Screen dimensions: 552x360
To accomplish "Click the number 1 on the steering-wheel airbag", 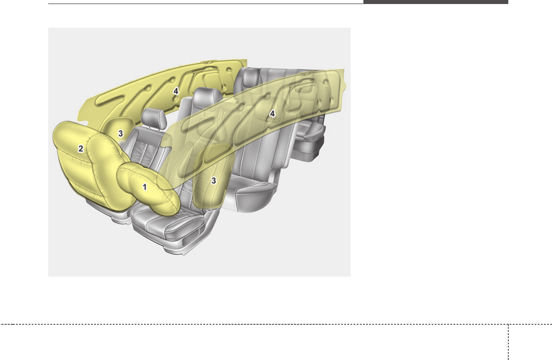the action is pos(145,187).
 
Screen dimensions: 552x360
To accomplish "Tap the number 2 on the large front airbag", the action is pos(81,149).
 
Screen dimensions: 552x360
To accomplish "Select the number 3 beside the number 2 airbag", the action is pos(120,133).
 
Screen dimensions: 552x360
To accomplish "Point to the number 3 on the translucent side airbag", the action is pos(214,181).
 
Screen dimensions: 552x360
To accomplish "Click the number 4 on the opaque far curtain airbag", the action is pos(176,91).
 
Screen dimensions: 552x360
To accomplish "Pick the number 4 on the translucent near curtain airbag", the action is pos(272,114).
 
